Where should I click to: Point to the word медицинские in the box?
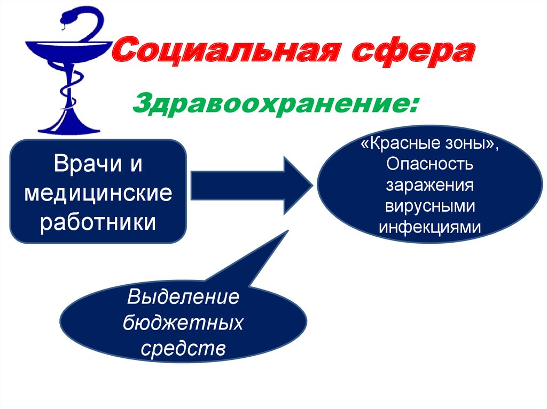[98, 193]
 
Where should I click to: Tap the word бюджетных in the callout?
[183, 322]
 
